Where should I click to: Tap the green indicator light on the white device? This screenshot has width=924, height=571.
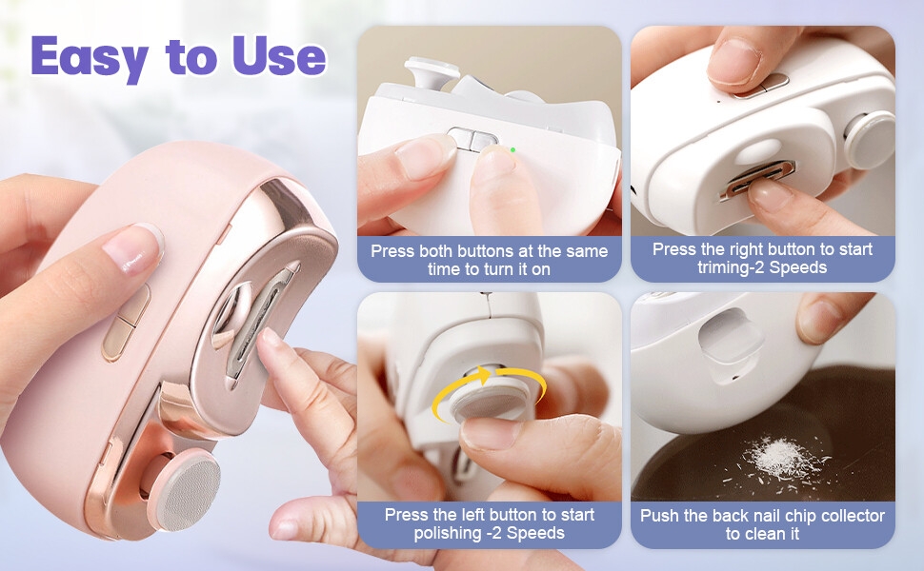pos(512,149)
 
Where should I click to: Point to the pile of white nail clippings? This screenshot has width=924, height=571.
pos(780,457)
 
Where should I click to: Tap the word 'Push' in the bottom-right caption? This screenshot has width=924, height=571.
pos(659,516)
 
